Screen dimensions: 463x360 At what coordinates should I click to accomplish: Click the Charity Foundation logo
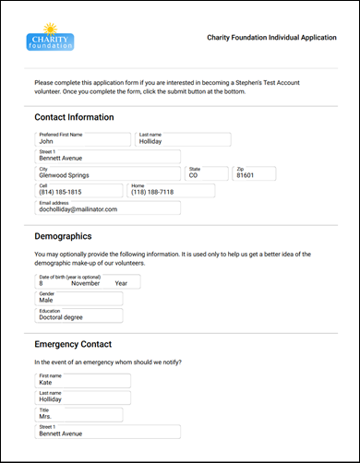click(x=51, y=39)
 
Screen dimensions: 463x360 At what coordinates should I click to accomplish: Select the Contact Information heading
click(x=74, y=118)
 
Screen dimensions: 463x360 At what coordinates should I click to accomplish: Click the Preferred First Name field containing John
click(x=83, y=140)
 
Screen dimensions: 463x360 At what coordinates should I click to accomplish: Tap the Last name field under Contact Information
click(x=183, y=140)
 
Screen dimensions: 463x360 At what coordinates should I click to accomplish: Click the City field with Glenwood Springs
click(x=107, y=174)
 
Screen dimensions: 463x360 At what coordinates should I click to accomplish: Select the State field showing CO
click(x=207, y=174)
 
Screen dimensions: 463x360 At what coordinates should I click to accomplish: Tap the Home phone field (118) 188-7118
click(x=172, y=191)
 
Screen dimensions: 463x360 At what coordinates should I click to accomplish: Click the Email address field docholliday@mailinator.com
click(x=107, y=208)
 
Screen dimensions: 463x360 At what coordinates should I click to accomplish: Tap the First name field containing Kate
click(x=83, y=381)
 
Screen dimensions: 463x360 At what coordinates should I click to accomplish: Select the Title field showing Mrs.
click(x=83, y=415)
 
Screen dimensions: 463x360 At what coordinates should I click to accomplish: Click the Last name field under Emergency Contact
click(x=83, y=398)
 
